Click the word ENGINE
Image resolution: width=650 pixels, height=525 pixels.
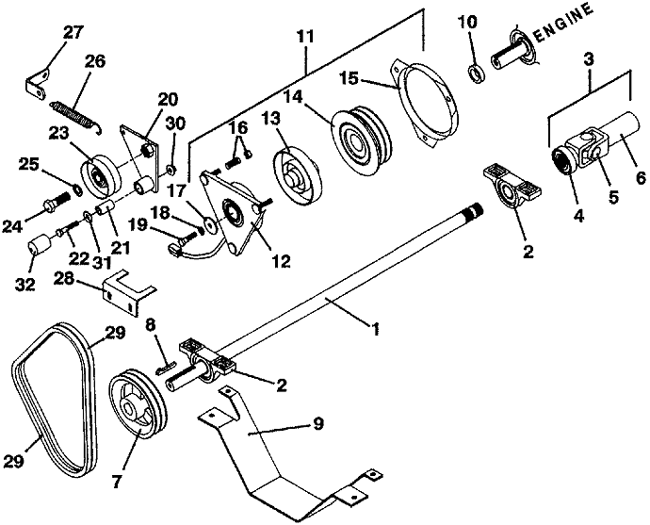[x=564, y=22]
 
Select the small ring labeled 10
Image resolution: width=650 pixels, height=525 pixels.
[x=477, y=73]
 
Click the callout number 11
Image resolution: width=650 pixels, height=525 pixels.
[x=306, y=37]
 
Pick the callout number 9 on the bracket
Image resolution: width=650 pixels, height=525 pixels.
[x=318, y=424]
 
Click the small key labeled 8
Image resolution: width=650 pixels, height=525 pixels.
[x=166, y=366]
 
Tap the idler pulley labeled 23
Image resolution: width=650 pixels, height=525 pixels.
[x=102, y=174]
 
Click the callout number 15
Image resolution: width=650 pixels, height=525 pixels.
[x=349, y=78]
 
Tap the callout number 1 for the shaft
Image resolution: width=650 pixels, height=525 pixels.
[x=375, y=330]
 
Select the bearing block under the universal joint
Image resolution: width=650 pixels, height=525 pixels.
[x=512, y=186]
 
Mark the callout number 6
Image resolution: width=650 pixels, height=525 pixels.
[x=641, y=177]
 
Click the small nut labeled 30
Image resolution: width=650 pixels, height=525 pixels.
[x=171, y=170]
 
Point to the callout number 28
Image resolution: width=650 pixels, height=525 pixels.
[x=64, y=279]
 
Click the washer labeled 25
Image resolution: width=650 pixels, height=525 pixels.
[x=76, y=190]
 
